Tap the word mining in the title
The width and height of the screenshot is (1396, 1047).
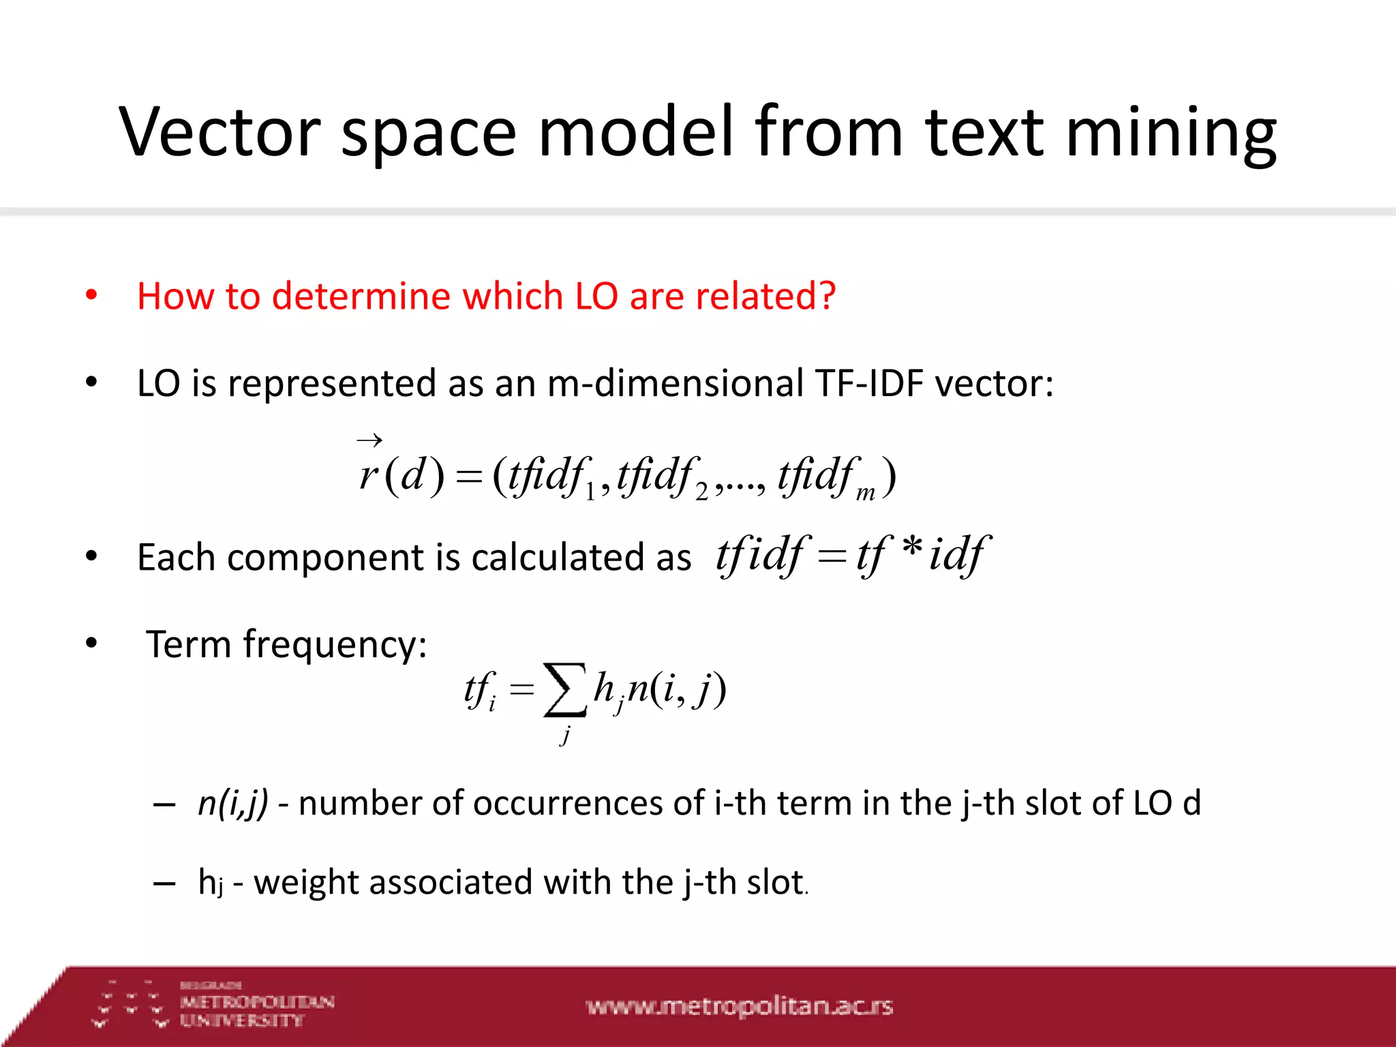point(1170,132)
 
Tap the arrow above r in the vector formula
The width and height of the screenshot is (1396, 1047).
point(369,440)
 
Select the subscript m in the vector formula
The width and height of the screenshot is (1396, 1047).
point(865,492)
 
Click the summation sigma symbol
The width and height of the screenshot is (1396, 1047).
point(564,690)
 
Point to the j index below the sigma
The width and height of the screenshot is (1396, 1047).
point(565,735)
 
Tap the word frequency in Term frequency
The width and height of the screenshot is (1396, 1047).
point(335,644)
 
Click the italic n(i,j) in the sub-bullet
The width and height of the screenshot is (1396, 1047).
point(232,803)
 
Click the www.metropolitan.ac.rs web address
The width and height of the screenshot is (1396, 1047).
point(739,1006)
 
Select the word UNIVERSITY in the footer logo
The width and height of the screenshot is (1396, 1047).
point(241,1020)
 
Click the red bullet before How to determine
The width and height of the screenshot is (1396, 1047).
point(91,296)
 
